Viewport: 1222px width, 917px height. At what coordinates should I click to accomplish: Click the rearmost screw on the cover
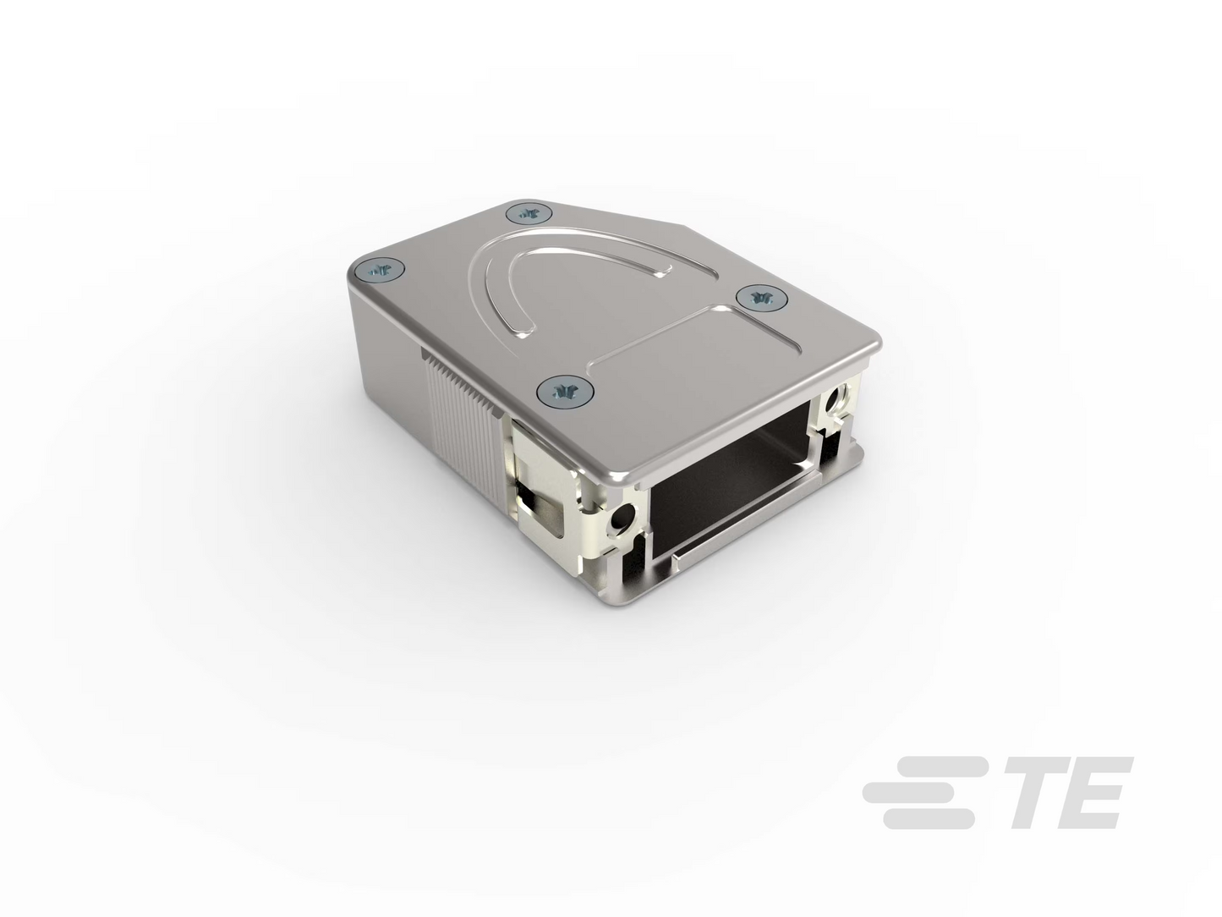[x=529, y=213]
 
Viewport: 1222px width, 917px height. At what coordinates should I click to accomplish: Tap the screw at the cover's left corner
[x=381, y=272]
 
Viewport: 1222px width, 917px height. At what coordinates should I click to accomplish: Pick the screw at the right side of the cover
[x=761, y=298]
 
